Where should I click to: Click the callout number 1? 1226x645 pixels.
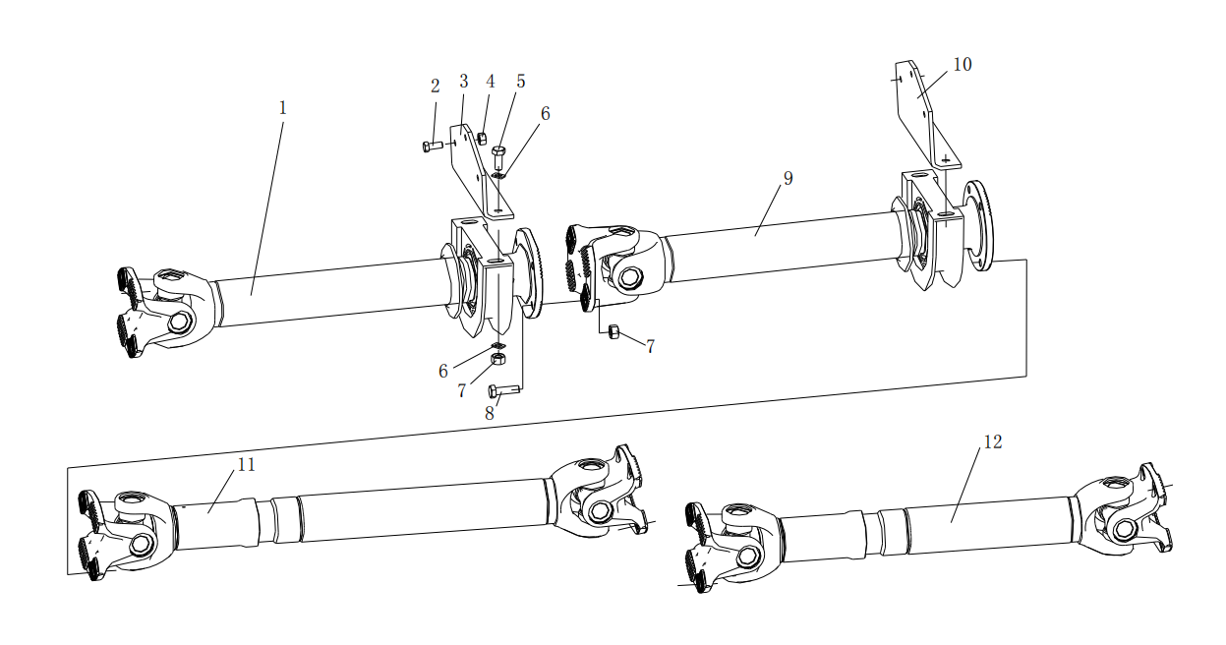tap(282, 108)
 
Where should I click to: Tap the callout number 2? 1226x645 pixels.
tap(436, 86)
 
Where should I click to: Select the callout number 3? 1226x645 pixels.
tap(464, 81)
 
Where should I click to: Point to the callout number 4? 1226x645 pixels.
tap(490, 81)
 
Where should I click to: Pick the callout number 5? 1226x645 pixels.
tap(520, 81)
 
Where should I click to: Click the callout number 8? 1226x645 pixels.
tap(490, 413)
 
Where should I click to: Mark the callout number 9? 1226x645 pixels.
tap(788, 178)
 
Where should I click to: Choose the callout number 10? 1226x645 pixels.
tap(963, 65)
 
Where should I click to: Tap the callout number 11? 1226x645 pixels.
tap(247, 464)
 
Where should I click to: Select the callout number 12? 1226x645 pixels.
tap(993, 441)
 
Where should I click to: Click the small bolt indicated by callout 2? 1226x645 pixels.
tap(433, 147)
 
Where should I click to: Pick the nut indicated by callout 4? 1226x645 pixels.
tap(482, 138)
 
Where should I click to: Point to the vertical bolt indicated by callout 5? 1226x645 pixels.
tap(497, 156)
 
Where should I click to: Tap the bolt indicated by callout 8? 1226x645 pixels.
tap(503, 390)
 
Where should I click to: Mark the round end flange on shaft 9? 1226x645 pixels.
tap(978, 225)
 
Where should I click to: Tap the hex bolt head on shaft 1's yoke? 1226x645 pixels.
tap(178, 322)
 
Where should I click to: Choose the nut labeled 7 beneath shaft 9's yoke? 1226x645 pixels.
tap(613, 331)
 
